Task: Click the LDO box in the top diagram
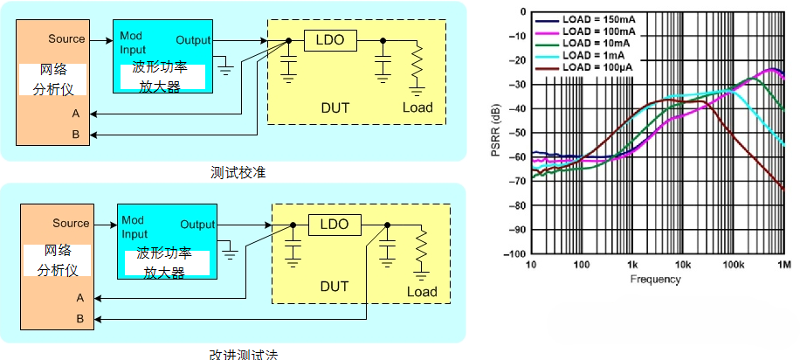[x=329, y=40]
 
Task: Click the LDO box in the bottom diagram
[x=333, y=225]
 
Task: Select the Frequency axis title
[x=655, y=280]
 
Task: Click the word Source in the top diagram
[x=66, y=38]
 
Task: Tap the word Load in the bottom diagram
[x=422, y=292]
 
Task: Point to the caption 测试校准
[x=238, y=172]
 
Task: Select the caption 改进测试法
[x=238, y=354]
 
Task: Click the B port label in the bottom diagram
[x=79, y=319]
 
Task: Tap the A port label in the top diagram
[x=76, y=114]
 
